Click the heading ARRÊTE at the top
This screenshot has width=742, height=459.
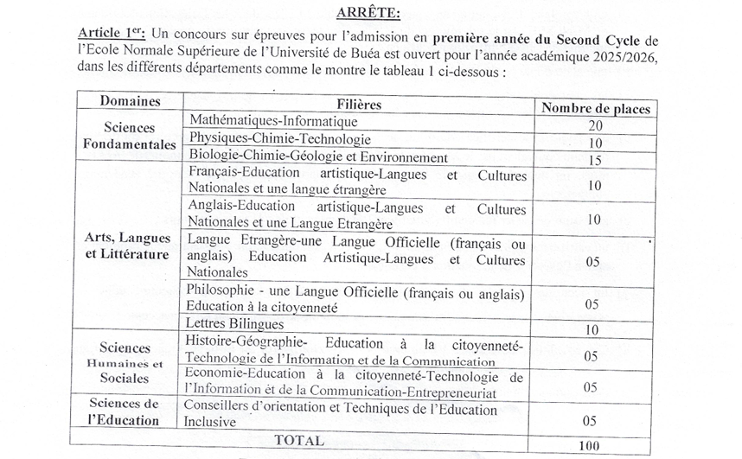pyautogui.click(x=369, y=12)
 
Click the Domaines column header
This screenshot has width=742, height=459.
pyautogui.click(x=130, y=101)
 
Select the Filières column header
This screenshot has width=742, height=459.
pyautogui.click(x=359, y=104)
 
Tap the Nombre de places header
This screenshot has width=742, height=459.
pyautogui.click(x=595, y=108)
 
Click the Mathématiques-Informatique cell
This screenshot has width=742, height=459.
pyautogui.click(x=273, y=120)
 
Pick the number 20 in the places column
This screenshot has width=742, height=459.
pyautogui.click(x=593, y=125)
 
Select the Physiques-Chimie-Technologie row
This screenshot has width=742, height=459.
pyautogui.click(x=280, y=138)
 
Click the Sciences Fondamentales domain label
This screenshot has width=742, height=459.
pyautogui.click(x=130, y=136)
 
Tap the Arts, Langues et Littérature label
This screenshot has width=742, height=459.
pyautogui.click(x=127, y=245)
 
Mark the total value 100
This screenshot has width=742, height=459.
pyautogui.click(x=591, y=445)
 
